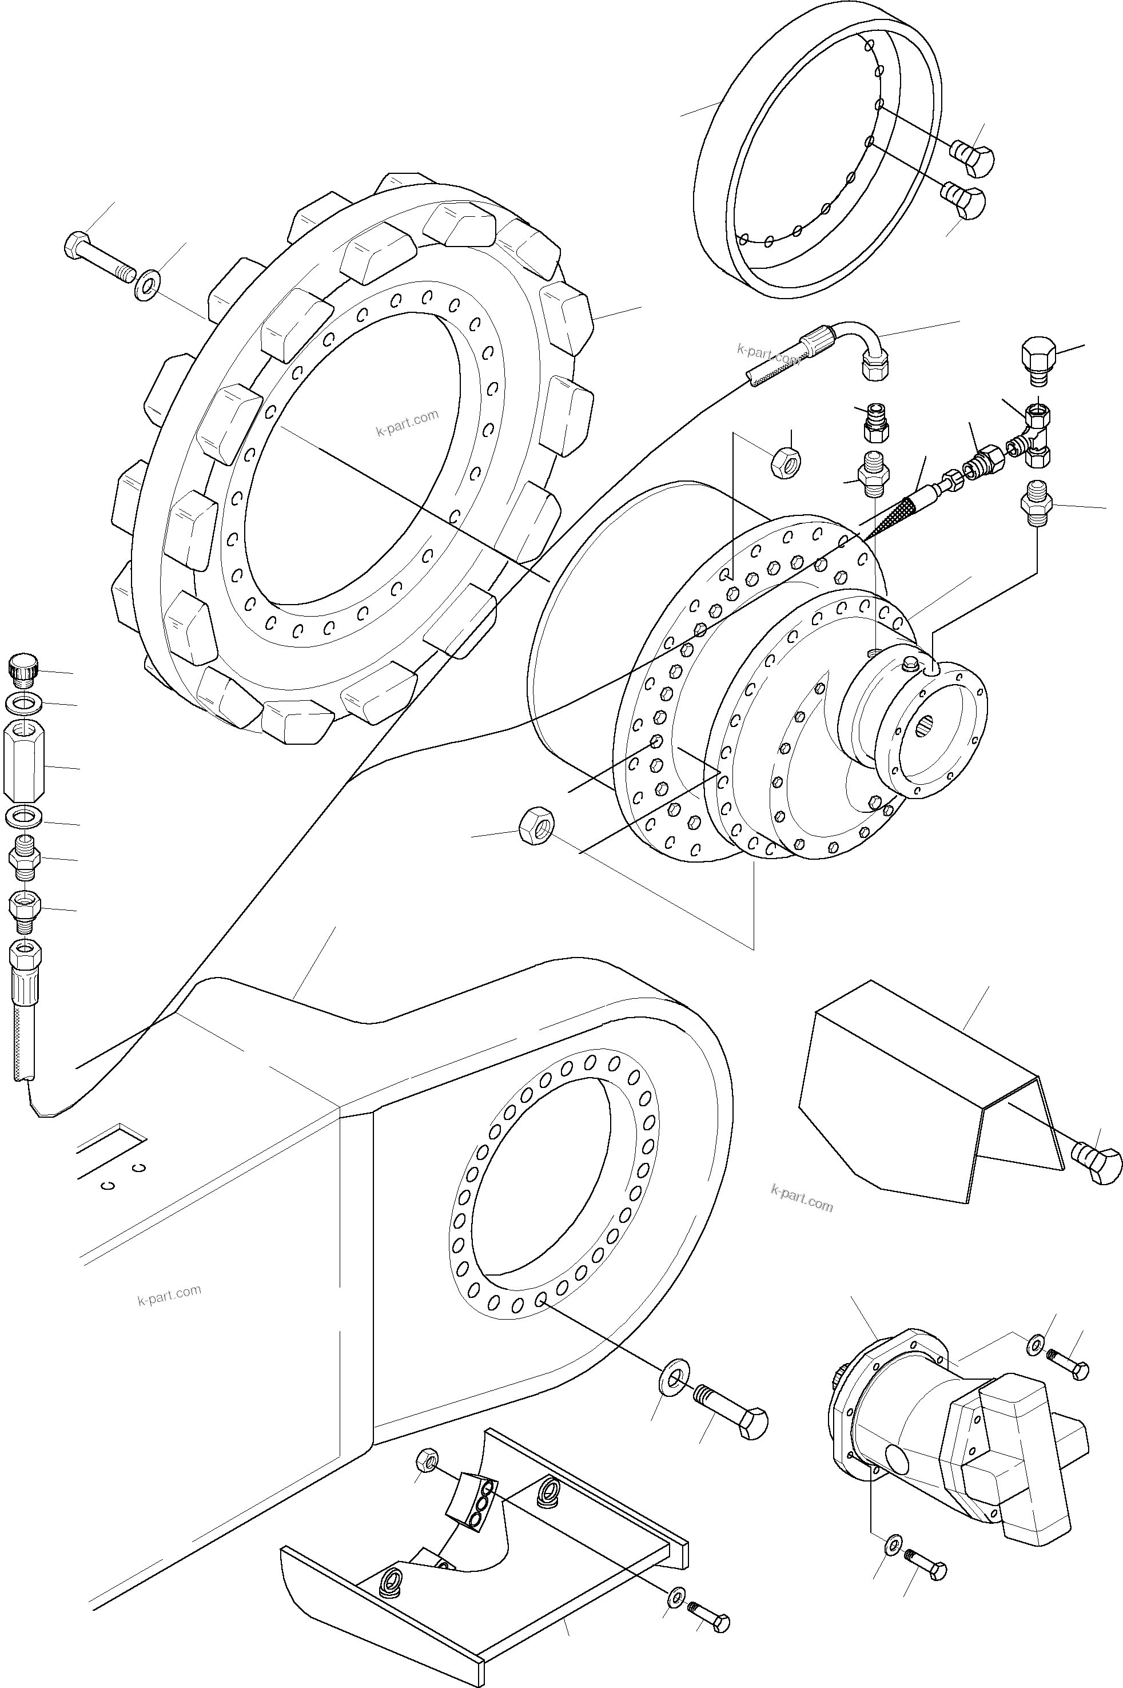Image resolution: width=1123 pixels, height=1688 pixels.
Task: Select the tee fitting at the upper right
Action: [x=1034, y=434]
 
